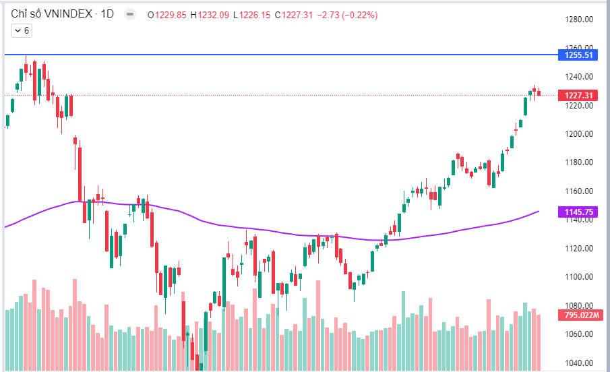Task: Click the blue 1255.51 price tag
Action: point(578,55)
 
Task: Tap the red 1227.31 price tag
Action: point(578,96)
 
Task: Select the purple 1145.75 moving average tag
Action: point(578,212)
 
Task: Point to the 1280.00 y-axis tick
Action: point(578,20)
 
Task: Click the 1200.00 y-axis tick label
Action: point(578,134)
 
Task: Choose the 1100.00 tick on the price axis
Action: point(578,277)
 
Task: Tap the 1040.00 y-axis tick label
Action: point(578,363)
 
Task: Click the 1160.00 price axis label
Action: point(578,191)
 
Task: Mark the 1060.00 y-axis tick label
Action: point(578,334)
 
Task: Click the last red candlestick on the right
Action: point(539,93)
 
